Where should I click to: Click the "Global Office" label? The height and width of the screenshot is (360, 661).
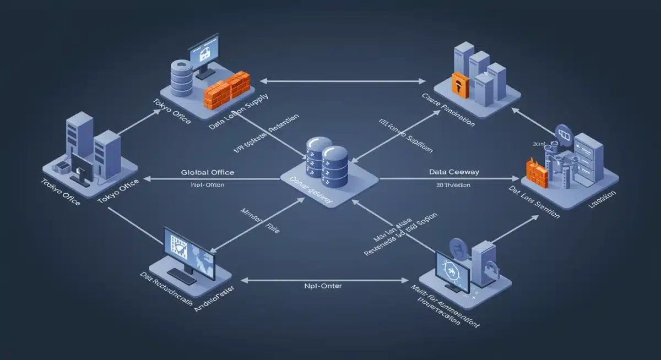pos(208,172)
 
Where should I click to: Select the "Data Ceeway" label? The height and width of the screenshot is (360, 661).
pos(454,172)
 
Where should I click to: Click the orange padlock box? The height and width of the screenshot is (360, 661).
pos(459,84)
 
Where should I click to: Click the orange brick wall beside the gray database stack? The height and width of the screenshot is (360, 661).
pos(227,89)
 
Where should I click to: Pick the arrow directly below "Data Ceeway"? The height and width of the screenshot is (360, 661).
pos(449,179)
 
